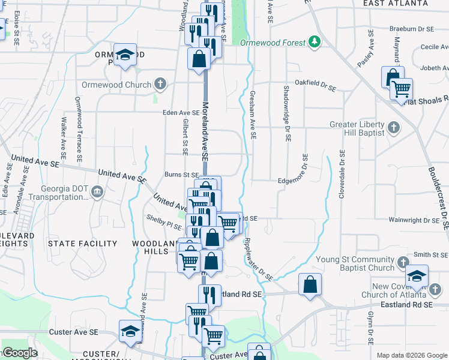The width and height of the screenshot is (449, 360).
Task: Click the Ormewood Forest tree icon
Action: point(314,41)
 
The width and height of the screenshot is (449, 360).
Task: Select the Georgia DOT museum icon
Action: point(97,192)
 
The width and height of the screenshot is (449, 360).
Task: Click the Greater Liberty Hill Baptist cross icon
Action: point(394,128)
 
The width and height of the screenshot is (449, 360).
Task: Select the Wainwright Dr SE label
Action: point(415,221)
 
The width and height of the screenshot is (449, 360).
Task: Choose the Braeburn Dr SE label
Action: point(411,29)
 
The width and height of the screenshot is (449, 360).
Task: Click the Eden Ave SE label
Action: point(181,112)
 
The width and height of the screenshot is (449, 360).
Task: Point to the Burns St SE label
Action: point(181,175)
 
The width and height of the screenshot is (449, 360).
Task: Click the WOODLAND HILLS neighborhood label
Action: point(149,247)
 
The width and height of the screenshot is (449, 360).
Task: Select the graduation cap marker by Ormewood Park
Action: point(125,55)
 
